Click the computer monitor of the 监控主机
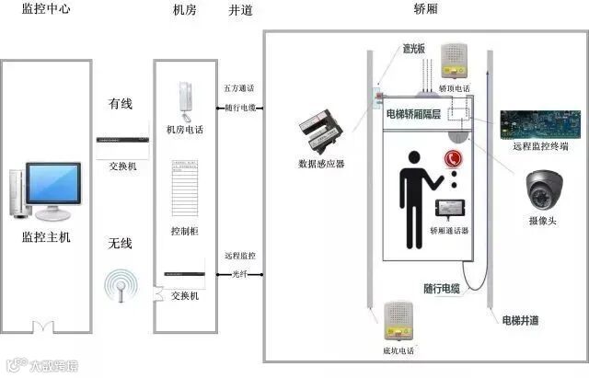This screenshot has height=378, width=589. pyautogui.click(x=52, y=188)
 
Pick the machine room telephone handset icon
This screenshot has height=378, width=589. pyautogui.click(x=184, y=98)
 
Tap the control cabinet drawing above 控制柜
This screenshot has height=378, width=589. pyautogui.click(x=184, y=189)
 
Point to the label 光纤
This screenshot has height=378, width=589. pyautogui.click(x=239, y=274)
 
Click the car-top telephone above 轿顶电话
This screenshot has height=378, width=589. pyautogui.click(x=455, y=62)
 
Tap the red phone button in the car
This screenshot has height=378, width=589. pyautogui.click(x=453, y=158)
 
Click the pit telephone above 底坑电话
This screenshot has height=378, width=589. pyautogui.click(x=398, y=318)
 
